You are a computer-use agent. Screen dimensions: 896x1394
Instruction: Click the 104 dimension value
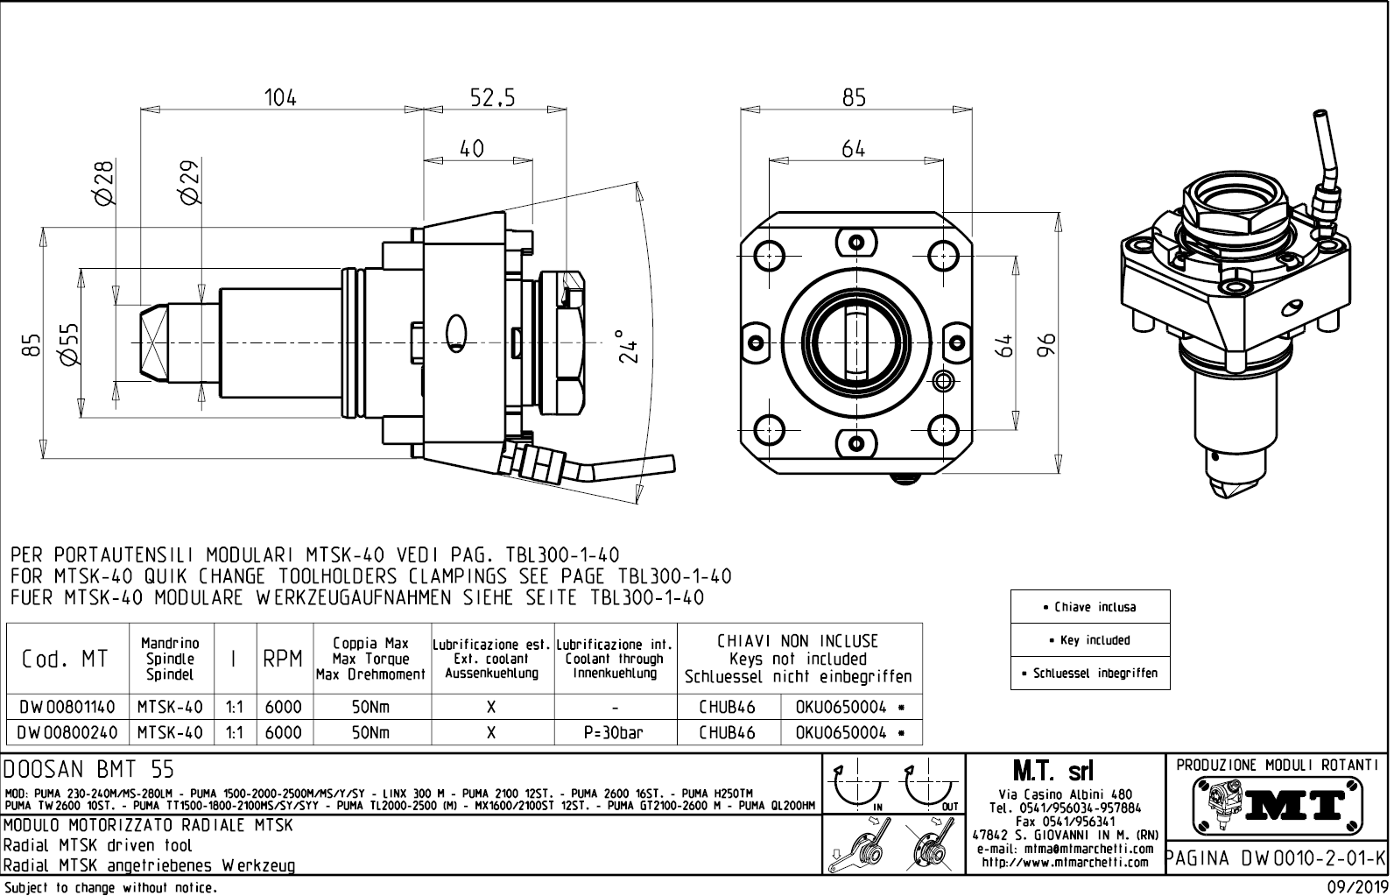tap(281, 97)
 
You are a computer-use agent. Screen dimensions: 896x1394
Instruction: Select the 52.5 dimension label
tap(493, 97)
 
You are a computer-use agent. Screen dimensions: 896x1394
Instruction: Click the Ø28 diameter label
tap(104, 183)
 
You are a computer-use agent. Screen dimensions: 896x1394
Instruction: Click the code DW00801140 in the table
tap(67, 707)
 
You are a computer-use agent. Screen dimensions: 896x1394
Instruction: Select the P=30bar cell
tap(615, 732)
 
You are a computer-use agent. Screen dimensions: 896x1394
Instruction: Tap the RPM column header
tap(282, 660)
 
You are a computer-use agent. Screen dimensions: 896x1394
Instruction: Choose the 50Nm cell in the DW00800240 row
tap(371, 732)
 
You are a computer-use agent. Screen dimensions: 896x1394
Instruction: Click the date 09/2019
tap(1355, 887)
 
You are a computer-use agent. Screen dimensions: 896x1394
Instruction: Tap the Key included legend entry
tap(1089, 640)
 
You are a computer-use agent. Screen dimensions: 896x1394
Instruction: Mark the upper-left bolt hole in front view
tap(771, 254)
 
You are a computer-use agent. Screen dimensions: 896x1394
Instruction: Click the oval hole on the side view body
tap(455, 331)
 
